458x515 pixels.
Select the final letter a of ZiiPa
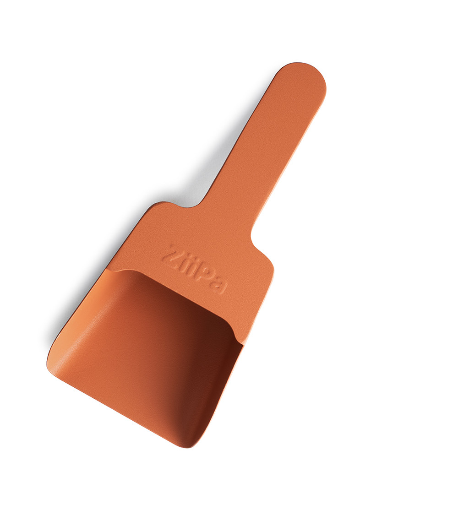point(220,285)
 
